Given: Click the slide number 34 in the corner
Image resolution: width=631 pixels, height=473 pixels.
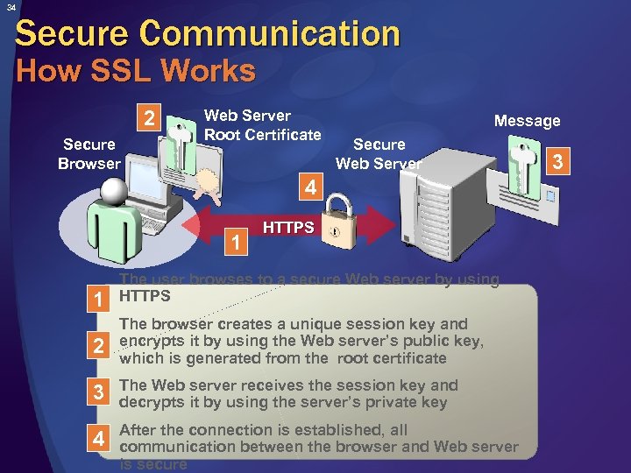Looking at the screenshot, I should pyautogui.click(x=7, y=7).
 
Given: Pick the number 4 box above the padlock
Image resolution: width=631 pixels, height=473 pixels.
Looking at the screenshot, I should pyautogui.click(x=309, y=187).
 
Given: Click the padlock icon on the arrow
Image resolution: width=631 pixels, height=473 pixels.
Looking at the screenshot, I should pyautogui.click(x=337, y=222).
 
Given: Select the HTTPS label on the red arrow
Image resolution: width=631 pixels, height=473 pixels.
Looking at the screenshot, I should pyautogui.click(x=288, y=228).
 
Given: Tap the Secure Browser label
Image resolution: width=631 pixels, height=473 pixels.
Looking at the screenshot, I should pyautogui.click(x=89, y=154).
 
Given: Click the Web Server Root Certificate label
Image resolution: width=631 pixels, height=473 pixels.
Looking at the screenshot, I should pyautogui.click(x=262, y=125).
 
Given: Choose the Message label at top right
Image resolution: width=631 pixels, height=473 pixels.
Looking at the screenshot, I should pyautogui.click(x=527, y=121).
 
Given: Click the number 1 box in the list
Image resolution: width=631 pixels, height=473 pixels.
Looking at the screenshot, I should pyautogui.click(x=103, y=300).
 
